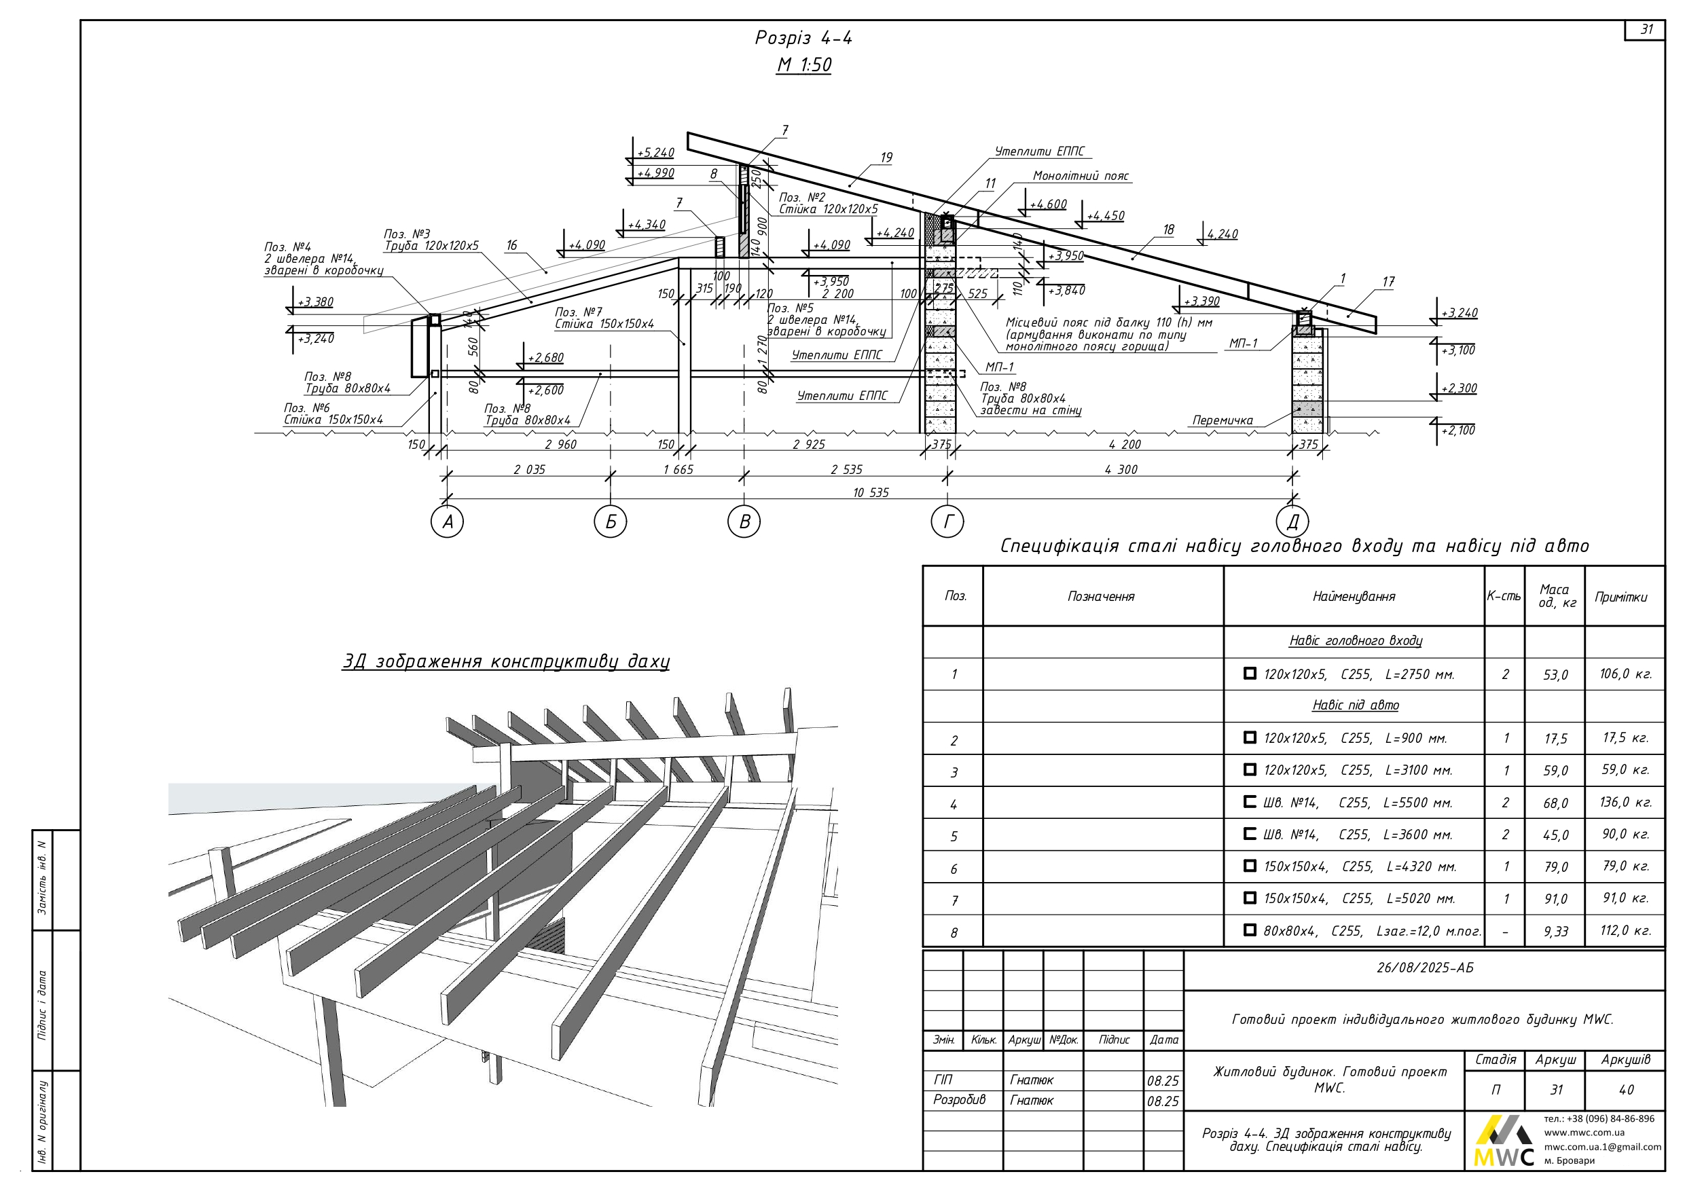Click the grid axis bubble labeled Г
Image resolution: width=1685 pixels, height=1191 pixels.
947,521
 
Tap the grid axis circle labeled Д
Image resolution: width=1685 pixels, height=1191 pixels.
1292,521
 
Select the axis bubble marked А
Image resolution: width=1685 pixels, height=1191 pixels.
447,521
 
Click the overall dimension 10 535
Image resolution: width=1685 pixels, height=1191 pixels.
871,493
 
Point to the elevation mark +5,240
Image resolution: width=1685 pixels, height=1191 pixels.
655,153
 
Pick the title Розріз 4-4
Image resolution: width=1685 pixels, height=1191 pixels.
803,38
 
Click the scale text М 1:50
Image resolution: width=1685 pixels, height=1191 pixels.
803,65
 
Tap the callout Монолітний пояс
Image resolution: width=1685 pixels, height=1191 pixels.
1081,176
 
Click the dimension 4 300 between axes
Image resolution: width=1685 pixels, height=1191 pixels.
1121,470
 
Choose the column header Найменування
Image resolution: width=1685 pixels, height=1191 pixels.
1354,597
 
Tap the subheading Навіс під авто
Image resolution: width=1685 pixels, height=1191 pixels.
1355,706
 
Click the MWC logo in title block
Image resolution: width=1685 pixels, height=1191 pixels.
1504,1142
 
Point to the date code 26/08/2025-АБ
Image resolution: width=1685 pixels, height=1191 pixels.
1424,968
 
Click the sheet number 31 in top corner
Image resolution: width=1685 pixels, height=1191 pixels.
1647,29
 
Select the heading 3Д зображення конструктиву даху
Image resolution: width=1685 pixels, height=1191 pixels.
506,662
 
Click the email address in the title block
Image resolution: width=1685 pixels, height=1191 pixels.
1602,1147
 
